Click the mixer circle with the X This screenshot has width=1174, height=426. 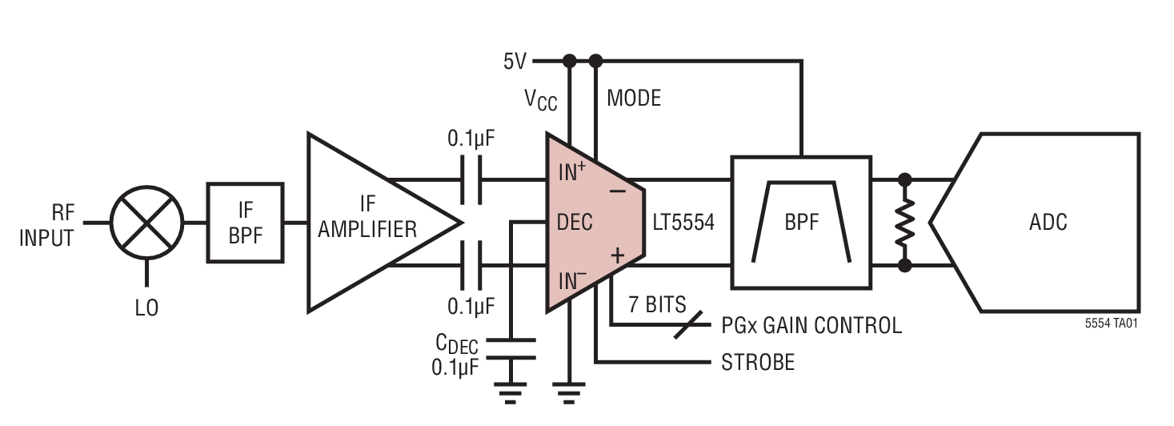point(146,223)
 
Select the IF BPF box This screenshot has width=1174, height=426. point(246,223)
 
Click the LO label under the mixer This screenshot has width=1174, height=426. point(146,307)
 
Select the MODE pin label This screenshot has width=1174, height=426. point(634,98)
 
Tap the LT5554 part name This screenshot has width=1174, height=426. point(683,223)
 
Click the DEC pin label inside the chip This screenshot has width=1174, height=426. point(575,222)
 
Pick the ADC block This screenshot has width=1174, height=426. point(1048,222)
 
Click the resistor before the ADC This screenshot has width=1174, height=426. point(905,223)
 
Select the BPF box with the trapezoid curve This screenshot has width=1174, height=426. point(801,222)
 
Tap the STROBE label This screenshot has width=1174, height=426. point(758,363)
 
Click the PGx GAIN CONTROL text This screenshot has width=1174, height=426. point(811,325)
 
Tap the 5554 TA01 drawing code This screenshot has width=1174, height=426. point(1112,325)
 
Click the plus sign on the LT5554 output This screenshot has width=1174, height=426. point(618,255)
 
